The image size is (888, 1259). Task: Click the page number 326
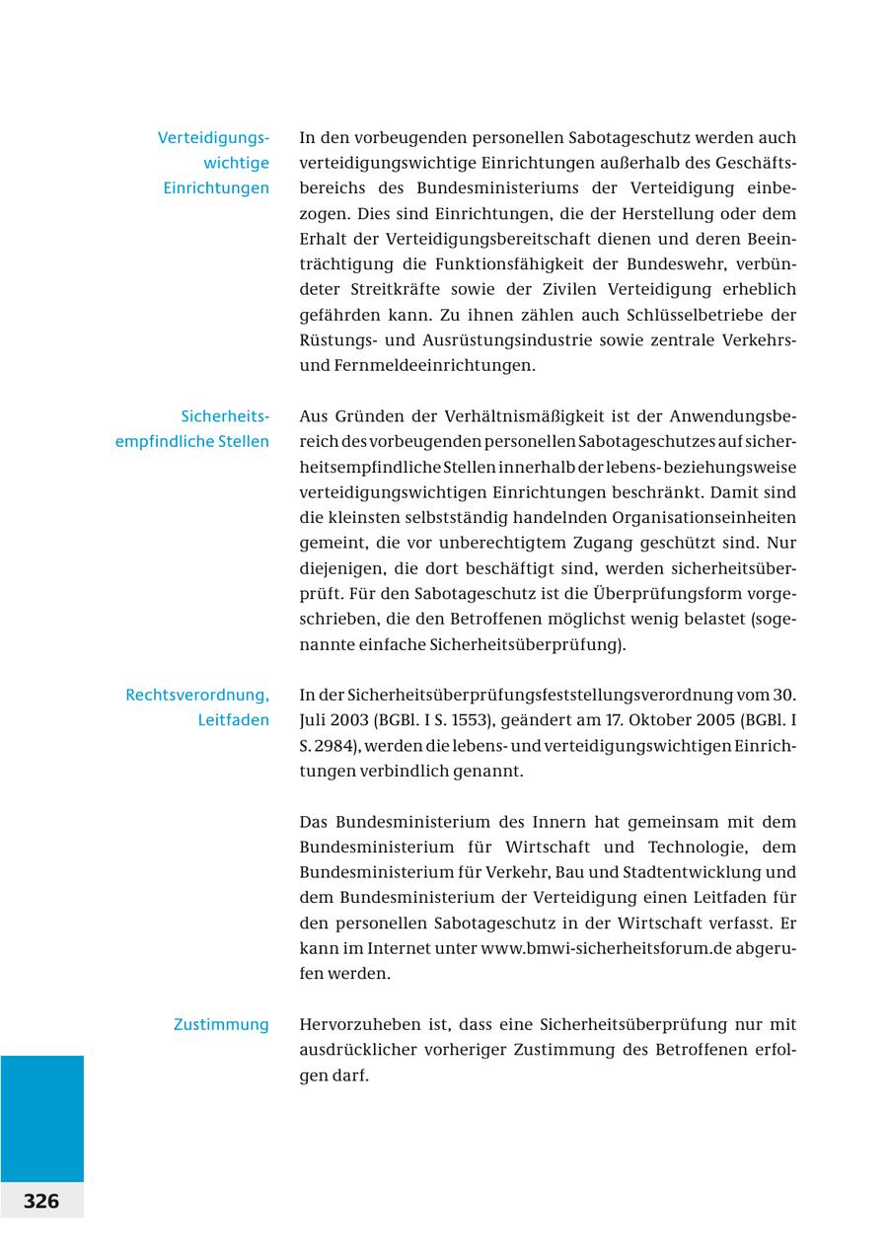tap(41, 1201)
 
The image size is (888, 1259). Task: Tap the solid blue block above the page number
tap(41, 1118)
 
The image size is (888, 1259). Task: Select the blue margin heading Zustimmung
tap(221, 1024)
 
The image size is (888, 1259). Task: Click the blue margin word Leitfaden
tap(233, 720)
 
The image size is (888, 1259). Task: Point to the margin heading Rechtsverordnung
tap(197, 695)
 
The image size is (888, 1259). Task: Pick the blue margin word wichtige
tap(236, 163)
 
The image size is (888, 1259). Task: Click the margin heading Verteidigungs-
tap(213, 137)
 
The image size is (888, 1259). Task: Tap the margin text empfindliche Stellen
tap(192, 441)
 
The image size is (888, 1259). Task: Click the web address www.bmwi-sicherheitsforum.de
tap(606, 948)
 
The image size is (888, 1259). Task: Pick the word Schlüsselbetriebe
tap(697, 315)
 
